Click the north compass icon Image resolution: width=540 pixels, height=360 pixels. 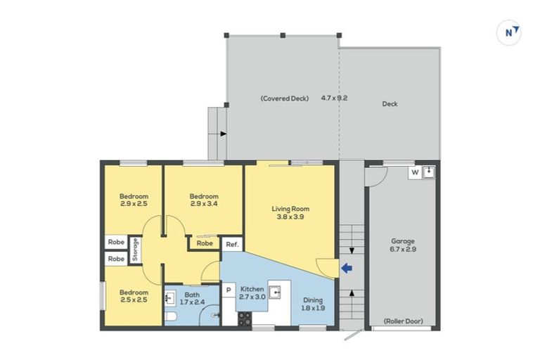[x=508, y=32]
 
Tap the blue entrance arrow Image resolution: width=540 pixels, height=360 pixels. [x=346, y=267]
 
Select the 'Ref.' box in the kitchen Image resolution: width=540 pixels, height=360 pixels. [x=231, y=244]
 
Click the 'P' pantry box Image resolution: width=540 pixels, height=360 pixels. [x=229, y=289]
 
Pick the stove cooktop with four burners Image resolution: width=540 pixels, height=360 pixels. [x=245, y=318]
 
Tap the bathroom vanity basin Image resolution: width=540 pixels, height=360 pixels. [x=170, y=298]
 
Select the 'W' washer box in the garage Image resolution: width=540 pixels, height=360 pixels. [x=414, y=171]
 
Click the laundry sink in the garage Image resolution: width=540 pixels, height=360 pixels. [x=429, y=171]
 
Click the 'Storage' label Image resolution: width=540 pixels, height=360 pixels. [x=136, y=250]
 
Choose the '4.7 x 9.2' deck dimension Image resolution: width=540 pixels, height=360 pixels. [x=334, y=98]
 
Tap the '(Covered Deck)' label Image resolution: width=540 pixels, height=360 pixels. [x=284, y=98]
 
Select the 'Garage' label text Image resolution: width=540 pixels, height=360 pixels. [x=402, y=240]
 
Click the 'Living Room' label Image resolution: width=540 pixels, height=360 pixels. [x=290, y=208]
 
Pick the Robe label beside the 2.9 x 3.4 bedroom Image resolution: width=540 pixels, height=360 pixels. [x=205, y=243]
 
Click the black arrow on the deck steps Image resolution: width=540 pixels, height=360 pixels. [x=222, y=132]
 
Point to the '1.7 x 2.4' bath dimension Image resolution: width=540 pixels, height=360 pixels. [x=193, y=302]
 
